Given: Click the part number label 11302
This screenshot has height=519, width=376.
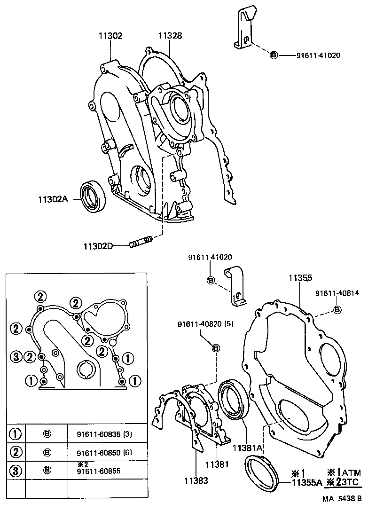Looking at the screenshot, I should click(x=110, y=35).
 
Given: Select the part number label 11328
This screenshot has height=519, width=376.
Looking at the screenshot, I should click(x=170, y=35).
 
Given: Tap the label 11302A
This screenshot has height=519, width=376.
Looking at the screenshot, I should click(x=53, y=199).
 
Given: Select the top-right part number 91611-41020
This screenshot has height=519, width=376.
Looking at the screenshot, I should click(x=318, y=55).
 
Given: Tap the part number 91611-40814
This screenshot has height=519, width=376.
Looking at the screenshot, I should click(x=337, y=293).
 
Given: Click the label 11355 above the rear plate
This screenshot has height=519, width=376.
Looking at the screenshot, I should click(x=300, y=278).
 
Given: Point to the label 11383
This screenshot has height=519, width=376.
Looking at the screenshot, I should click(x=196, y=480).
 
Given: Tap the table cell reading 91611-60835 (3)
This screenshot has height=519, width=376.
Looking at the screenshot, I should click(x=104, y=434).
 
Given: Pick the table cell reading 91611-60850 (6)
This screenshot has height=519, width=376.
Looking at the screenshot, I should click(x=104, y=452).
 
